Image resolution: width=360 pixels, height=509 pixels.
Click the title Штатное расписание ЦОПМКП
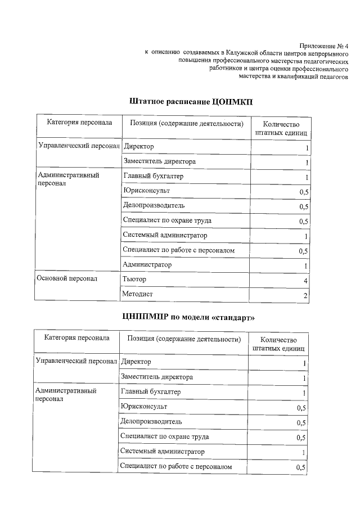191,101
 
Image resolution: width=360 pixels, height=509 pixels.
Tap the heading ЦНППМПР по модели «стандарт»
188,317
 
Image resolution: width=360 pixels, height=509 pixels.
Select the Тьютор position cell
134,279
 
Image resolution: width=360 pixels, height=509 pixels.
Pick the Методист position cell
137,294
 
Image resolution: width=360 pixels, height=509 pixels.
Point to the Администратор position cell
147,264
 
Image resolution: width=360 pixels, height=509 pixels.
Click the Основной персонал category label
67,278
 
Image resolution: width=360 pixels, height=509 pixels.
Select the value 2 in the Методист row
305,295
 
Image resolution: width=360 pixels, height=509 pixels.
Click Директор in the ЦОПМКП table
138,147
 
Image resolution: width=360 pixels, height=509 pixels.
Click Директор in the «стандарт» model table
136,362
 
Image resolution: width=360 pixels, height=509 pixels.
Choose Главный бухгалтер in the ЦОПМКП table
153,177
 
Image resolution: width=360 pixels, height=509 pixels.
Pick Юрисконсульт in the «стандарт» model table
143,406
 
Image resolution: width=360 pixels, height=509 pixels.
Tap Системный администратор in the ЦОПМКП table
165,235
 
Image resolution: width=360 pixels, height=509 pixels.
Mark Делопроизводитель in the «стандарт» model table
151,421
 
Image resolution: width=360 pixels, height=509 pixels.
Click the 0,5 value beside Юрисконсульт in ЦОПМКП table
304,192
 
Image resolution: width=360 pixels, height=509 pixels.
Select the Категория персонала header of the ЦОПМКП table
79,123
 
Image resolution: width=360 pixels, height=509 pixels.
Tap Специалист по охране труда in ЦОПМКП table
167,220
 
